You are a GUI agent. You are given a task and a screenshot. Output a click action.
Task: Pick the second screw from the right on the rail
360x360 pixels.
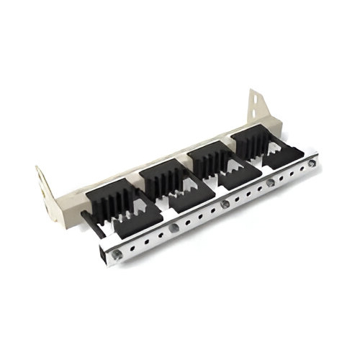point(271,184)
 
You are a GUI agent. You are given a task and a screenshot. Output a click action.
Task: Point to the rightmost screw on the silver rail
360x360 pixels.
point(311,164)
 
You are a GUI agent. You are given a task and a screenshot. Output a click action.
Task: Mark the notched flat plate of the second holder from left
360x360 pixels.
point(188,192)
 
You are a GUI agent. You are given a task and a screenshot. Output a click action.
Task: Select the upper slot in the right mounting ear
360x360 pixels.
point(253,101)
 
